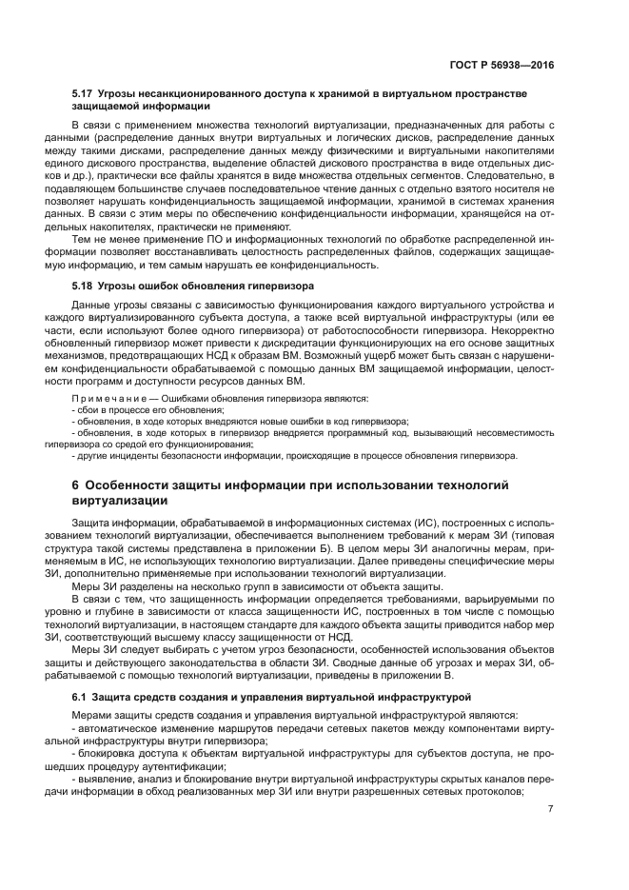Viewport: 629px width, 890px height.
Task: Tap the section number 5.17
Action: tap(83, 95)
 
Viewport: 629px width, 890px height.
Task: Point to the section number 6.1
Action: tap(80, 698)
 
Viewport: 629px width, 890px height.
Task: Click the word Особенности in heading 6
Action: tap(130, 485)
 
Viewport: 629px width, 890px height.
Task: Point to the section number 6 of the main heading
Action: tap(76, 485)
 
